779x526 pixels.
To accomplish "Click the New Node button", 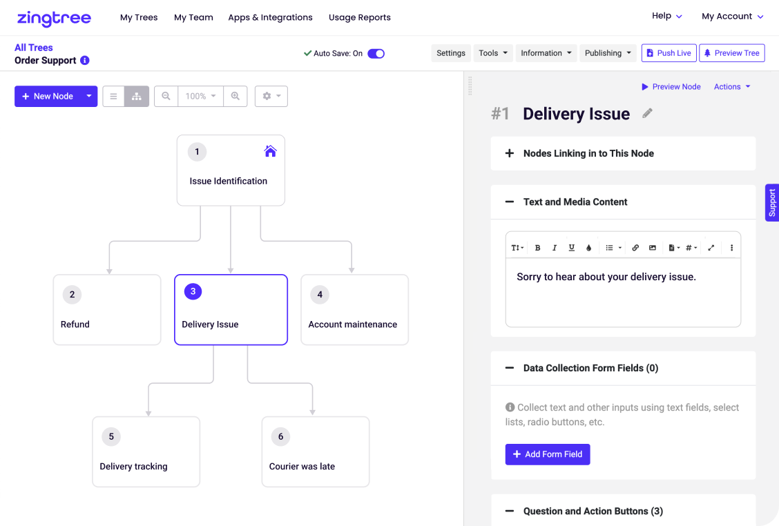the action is [x=48, y=97].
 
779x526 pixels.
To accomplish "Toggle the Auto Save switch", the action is [x=376, y=54].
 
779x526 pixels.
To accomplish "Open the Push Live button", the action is [x=669, y=53].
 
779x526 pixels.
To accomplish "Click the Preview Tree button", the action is [x=732, y=53].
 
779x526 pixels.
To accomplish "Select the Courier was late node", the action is [x=316, y=451].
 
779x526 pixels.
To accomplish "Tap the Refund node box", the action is [x=107, y=309].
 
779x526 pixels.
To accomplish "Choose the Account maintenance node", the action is [x=355, y=309].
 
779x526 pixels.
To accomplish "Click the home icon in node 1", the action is [x=270, y=151].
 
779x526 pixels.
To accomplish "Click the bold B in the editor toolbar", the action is [x=537, y=247].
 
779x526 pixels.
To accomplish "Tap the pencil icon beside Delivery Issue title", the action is [x=647, y=113].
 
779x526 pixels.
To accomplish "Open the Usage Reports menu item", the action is [x=360, y=17].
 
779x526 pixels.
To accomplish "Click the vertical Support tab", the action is [x=772, y=203].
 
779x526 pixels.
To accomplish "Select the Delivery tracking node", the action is [x=146, y=451].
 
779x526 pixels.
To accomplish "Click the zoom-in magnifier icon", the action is [x=235, y=97].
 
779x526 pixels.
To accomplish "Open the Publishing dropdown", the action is [x=608, y=53].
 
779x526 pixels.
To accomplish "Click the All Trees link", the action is [x=33, y=48].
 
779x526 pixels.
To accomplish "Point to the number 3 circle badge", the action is [x=193, y=291].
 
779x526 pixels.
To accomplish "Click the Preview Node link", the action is [x=671, y=87].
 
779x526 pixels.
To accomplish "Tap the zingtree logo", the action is [x=54, y=18].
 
